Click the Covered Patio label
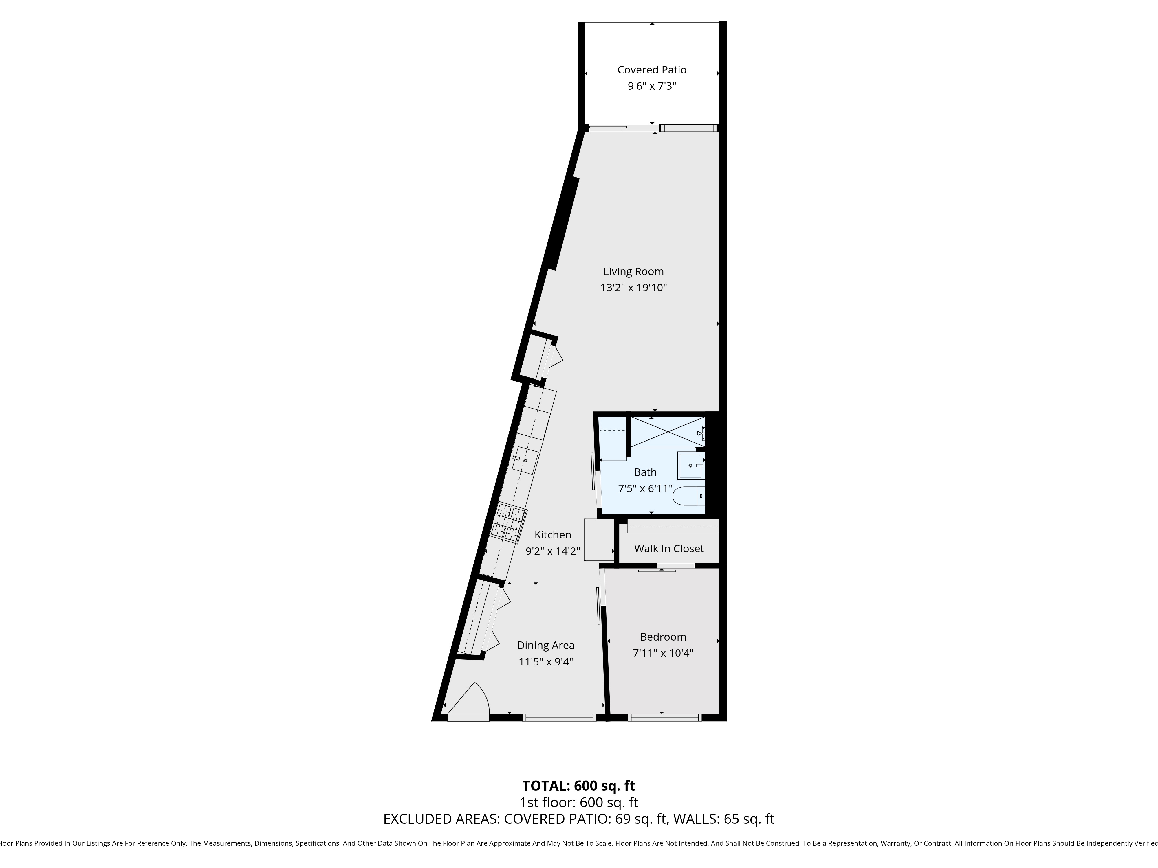pos(652,70)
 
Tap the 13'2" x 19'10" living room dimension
pos(633,288)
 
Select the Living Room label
pos(633,272)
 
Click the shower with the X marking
pos(668,432)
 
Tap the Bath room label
pos(645,472)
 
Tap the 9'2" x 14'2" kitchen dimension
pos(553,551)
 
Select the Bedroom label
pos(663,637)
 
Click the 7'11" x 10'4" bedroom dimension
pos(663,653)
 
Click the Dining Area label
pos(545,646)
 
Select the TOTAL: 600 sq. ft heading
pos(578,786)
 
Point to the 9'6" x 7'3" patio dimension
pos(652,86)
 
